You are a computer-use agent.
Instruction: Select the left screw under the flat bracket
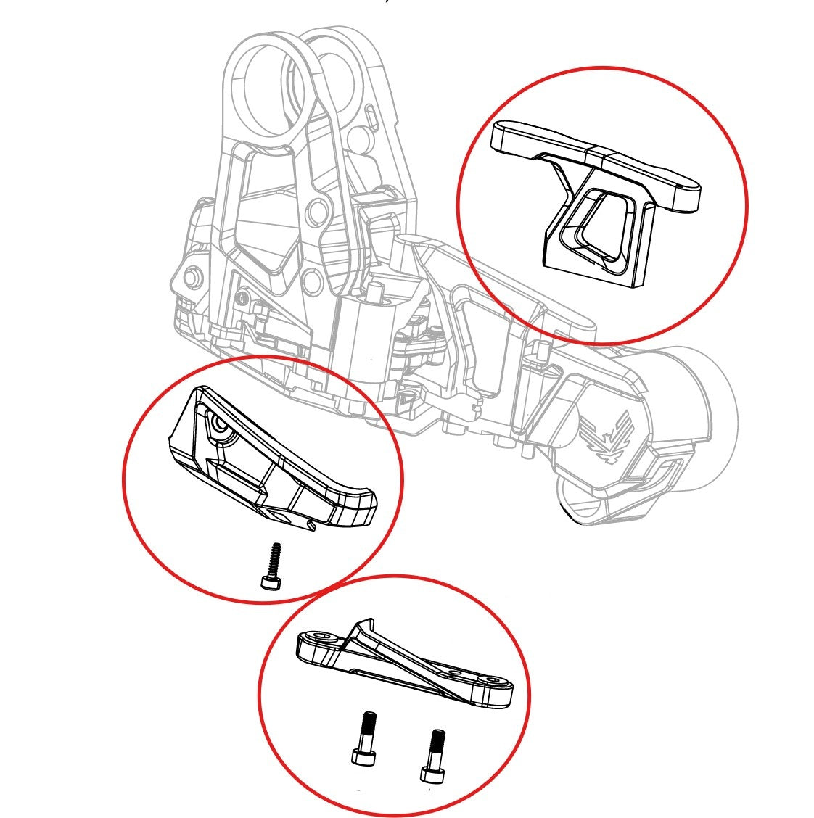point(365,738)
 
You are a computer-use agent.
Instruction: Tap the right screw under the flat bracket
point(434,754)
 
